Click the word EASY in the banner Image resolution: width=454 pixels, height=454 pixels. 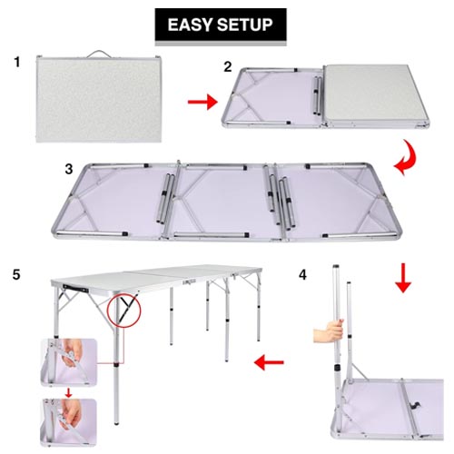coord(191,25)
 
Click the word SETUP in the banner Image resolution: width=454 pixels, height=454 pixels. coord(245,25)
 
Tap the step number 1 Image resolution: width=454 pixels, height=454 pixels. coord(17,62)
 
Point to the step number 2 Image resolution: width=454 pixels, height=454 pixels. coord(228,66)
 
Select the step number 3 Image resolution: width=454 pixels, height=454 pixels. coord(69,169)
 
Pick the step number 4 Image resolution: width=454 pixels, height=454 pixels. coord(302,275)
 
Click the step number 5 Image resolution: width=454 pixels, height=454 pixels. coord(16,274)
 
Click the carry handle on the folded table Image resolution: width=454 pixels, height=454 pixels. coord(99,53)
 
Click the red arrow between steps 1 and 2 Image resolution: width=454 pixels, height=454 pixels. coord(202,102)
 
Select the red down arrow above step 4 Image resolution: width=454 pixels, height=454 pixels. coord(403,278)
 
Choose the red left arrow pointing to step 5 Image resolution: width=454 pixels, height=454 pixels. coord(269,362)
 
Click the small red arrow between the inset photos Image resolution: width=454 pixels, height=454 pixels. coord(69,392)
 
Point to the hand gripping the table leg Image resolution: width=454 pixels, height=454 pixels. coord(329,331)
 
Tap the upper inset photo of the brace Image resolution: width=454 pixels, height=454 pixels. coord(69,362)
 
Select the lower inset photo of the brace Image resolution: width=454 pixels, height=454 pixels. coord(69,422)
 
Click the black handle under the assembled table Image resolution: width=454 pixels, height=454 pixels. coord(75,289)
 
